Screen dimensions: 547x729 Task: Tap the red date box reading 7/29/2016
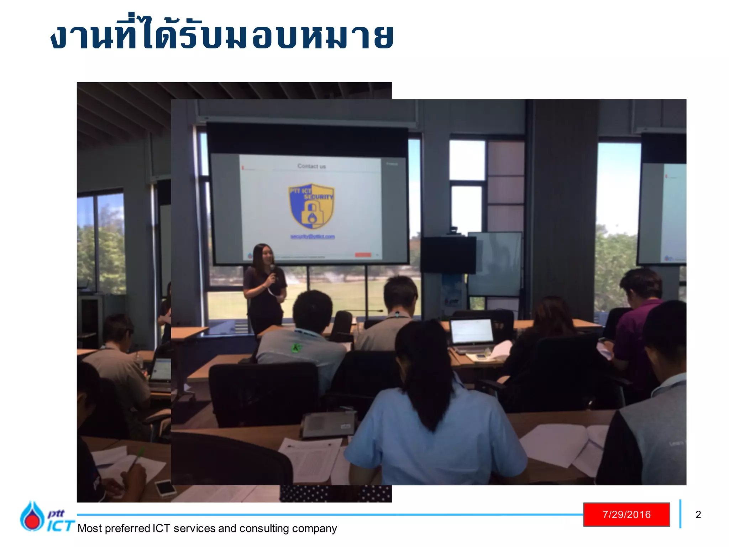[x=626, y=514]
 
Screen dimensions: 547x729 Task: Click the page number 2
[x=698, y=515]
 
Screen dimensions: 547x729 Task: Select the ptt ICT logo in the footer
[x=46, y=517]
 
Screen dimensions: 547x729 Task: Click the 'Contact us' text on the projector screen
[x=311, y=166]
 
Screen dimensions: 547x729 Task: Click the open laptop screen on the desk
[x=471, y=331]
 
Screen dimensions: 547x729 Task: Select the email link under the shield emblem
[x=313, y=236]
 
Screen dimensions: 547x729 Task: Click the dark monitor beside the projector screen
[x=448, y=255]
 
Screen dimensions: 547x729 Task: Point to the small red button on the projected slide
[x=363, y=255]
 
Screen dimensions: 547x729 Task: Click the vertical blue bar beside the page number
[x=680, y=514]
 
